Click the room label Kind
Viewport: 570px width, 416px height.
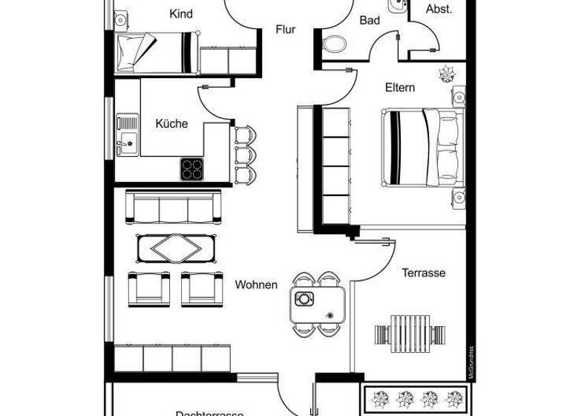[181, 14]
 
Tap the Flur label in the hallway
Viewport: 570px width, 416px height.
[286, 30]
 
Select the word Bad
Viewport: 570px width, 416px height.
[370, 20]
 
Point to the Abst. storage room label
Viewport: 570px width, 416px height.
[439, 10]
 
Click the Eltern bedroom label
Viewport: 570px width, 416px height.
[399, 88]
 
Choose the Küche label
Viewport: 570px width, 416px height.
[171, 124]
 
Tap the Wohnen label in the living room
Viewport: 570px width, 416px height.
[256, 285]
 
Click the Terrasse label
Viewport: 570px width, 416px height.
[424, 273]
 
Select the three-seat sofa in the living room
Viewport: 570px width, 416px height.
[174, 207]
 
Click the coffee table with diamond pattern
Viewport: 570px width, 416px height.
[175, 247]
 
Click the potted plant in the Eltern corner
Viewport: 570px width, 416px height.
[448, 74]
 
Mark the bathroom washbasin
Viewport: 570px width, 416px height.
[396, 7]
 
